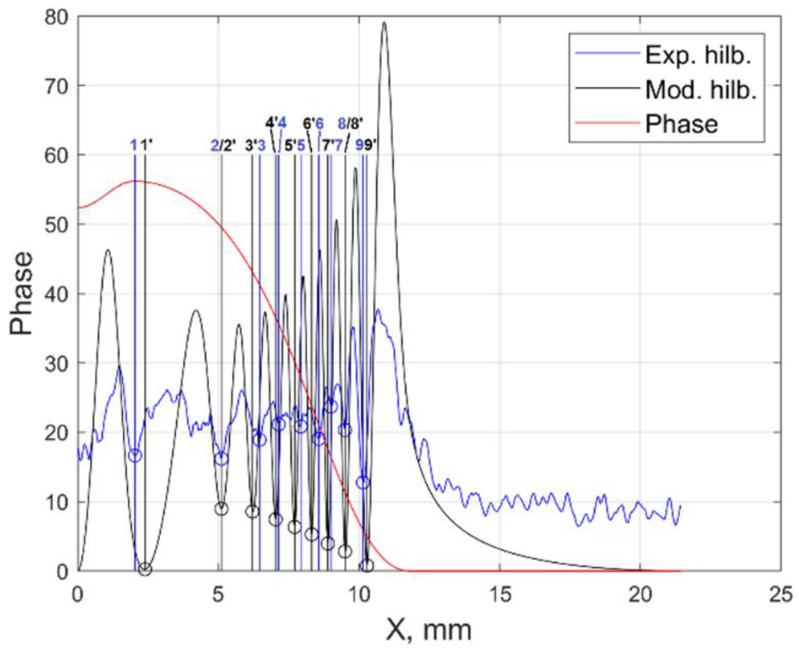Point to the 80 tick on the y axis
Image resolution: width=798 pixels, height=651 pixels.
click(57, 17)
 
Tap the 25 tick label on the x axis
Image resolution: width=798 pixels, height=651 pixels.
click(781, 595)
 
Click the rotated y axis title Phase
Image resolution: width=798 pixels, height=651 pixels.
click(21, 294)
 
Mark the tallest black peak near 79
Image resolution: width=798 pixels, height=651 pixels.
click(384, 23)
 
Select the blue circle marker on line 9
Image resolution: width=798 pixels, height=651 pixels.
click(363, 483)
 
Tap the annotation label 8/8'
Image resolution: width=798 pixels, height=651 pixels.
click(351, 123)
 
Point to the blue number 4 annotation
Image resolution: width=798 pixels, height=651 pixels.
click(282, 123)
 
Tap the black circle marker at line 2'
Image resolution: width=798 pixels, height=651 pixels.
click(222, 509)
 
